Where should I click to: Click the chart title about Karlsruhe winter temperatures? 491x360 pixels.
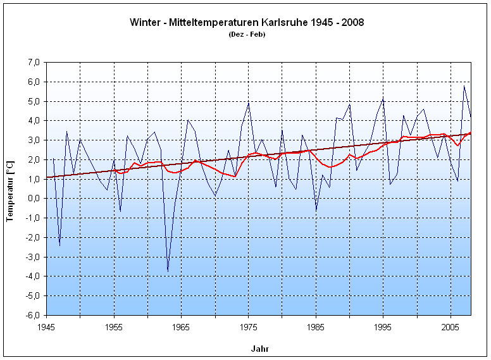point(247,22)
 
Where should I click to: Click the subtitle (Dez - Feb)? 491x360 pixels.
point(247,34)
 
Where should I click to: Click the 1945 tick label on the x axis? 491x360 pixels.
point(46,327)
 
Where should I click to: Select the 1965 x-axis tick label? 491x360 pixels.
point(181,327)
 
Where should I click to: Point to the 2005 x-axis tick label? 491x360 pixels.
point(451,327)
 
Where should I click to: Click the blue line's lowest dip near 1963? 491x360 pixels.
point(168,271)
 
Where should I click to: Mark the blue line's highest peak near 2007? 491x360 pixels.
point(464,86)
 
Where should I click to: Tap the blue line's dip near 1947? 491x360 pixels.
point(60,245)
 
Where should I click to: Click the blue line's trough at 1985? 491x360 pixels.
point(316,210)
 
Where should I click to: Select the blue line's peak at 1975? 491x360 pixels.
point(249,102)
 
